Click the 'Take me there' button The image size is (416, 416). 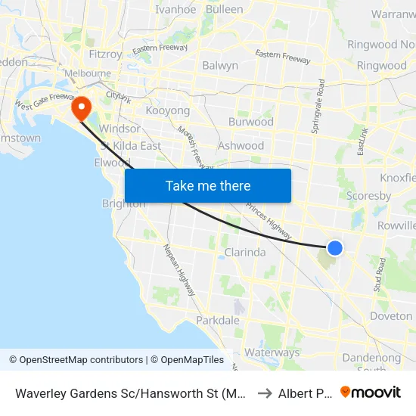pyautogui.click(x=208, y=185)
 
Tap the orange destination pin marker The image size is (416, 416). pyautogui.click(x=80, y=107)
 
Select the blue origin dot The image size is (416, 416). pyautogui.click(x=335, y=247)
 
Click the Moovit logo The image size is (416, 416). pyautogui.click(x=371, y=392)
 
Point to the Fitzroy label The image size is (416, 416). pyautogui.click(x=106, y=54)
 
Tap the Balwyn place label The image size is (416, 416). pyautogui.click(x=220, y=66)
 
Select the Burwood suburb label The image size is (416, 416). pyautogui.click(x=251, y=121)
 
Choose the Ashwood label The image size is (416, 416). pyautogui.click(x=241, y=145)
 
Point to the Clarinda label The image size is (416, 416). pyautogui.click(x=245, y=253)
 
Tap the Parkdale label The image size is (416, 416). pyautogui.click(x=218, y=321)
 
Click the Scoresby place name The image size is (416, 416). pyautogui.click(x=368, y=196)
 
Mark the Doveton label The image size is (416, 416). pyautogui.click(x=391, y=316)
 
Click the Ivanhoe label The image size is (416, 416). pyautogui.click(x=175, y=10)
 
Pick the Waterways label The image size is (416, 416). pyautogui.click(x=272, y=352)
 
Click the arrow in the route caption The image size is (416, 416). pyautogui.click(x=265, y=393)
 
